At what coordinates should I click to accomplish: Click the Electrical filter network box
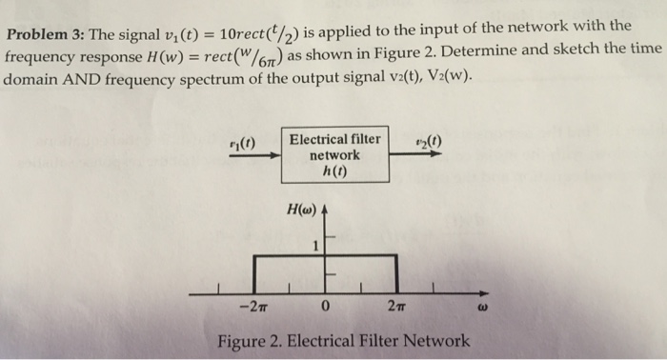coord(334,155)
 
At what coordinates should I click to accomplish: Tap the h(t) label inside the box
coord(334,170)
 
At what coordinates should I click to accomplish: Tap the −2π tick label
coord(253,307)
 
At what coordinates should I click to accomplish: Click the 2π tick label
coord(397,307)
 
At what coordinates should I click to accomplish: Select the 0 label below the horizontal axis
coord(326,307)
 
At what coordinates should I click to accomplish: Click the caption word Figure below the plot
coord(242,340)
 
